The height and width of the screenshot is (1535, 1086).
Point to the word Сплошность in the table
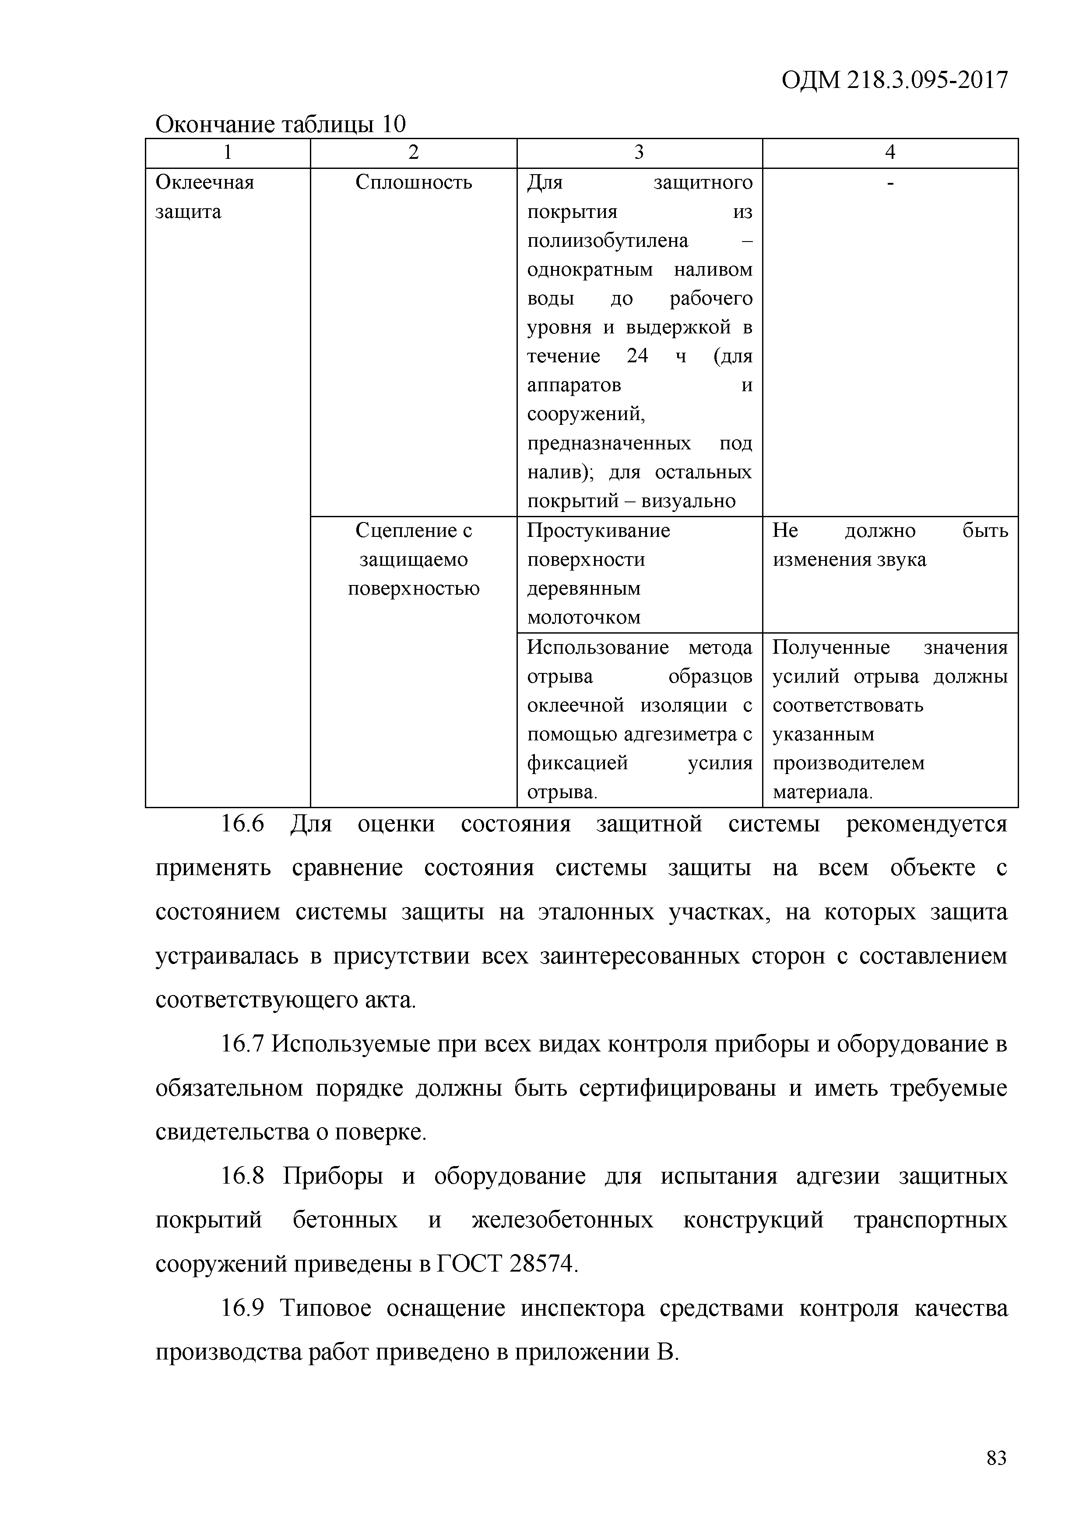[413, 182]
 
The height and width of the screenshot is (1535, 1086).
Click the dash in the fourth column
[889, 182]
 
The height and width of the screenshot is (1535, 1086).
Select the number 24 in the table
[637, 356]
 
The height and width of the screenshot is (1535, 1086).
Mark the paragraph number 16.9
[243, 1308]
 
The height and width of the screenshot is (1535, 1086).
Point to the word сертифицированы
[678, 1088]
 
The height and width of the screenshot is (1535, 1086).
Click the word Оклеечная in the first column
[204, 182]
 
